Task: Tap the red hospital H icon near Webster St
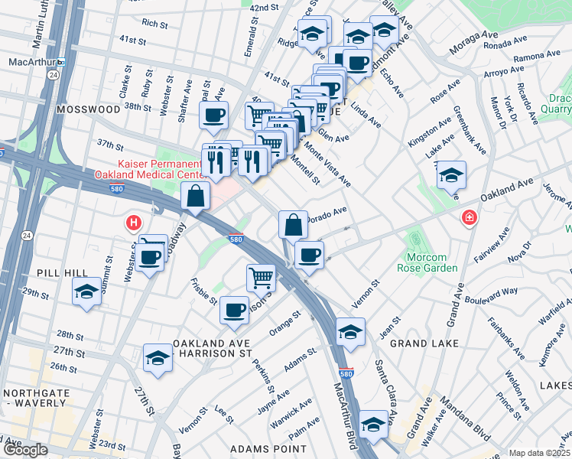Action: (x=134, y=223)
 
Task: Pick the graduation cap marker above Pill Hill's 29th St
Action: (x=87, y=291)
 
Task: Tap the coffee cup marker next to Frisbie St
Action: (x=234, y=310)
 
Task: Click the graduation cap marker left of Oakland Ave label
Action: (x=451, y=175)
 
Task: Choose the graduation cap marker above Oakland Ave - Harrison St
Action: (x=158, y=357)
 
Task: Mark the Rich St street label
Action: (x=154, y=24)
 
